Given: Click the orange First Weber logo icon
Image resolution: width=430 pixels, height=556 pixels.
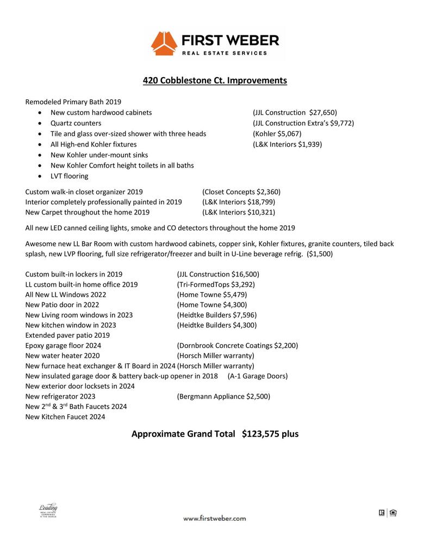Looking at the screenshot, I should pos(164,43).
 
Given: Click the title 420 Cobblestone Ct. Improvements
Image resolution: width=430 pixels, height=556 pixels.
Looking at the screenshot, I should pos(215,80).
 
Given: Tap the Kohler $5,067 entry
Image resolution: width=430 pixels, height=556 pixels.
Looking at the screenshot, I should pos(277,134).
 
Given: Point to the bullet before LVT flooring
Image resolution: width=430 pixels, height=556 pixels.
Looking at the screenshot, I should pos(42,176).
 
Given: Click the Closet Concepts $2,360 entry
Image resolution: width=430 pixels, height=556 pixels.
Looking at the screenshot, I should pos(241,192).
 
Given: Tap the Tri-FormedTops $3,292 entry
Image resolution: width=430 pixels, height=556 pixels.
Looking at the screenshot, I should pos(216,285).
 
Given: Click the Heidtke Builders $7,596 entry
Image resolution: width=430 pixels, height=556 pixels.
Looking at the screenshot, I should pos(217,315).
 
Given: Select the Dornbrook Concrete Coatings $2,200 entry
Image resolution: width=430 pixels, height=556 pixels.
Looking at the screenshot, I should pos(238,345).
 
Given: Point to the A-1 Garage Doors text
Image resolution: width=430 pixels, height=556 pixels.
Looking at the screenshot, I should pos(258,376).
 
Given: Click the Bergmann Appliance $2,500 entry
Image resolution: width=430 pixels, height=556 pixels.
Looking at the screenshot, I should pos(223,396).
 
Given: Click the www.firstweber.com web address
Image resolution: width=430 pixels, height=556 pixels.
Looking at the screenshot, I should pos(214,518).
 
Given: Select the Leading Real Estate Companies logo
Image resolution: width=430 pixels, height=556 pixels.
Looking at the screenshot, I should pos(48,511).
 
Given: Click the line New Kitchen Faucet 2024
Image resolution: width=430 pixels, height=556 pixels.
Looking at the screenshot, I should pos(65,417).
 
